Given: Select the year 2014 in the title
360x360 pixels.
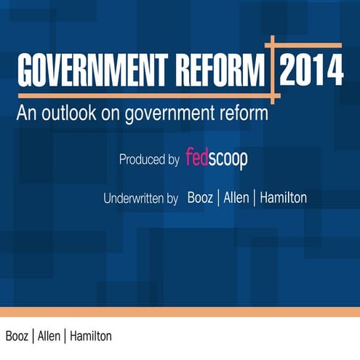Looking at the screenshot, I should (x=311, y=71).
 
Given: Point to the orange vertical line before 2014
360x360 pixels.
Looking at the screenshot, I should (x=273, y=69).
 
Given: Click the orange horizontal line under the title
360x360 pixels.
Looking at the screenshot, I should (x=145, y=95).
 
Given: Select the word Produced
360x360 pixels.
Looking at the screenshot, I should (x=144, y=159).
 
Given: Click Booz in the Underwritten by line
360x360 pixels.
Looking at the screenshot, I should (x=201, y=197).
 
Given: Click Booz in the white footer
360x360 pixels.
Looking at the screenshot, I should (x=18, y=337).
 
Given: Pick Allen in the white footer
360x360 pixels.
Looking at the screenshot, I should (x=49, y=337).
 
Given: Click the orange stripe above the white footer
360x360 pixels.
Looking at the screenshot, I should (x=180, y=311).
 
